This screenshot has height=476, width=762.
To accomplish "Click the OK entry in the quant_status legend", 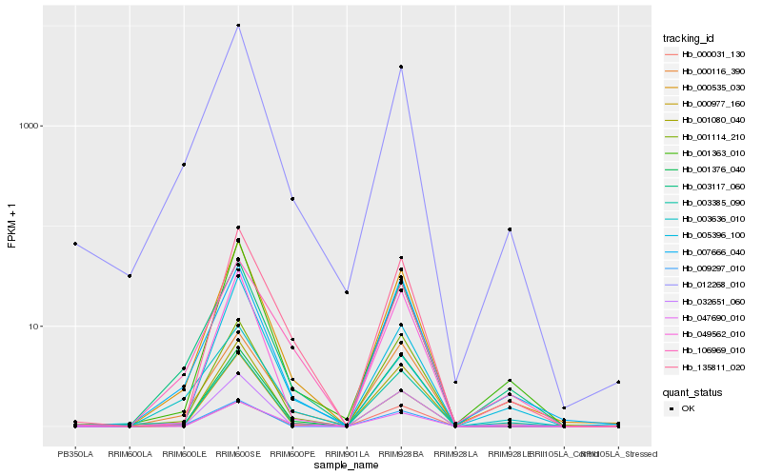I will (687, 407).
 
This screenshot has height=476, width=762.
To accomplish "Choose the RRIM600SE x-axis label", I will (238, 454).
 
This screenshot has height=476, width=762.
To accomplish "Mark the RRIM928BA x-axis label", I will (401, 454).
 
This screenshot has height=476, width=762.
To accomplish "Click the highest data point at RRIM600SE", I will (238, 26).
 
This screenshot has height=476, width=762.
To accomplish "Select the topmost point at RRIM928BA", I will (401, 67).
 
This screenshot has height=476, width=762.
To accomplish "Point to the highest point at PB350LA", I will (75, 244).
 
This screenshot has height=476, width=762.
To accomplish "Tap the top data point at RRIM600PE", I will (292, 199).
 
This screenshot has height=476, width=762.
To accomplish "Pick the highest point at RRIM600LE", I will (184, 165).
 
